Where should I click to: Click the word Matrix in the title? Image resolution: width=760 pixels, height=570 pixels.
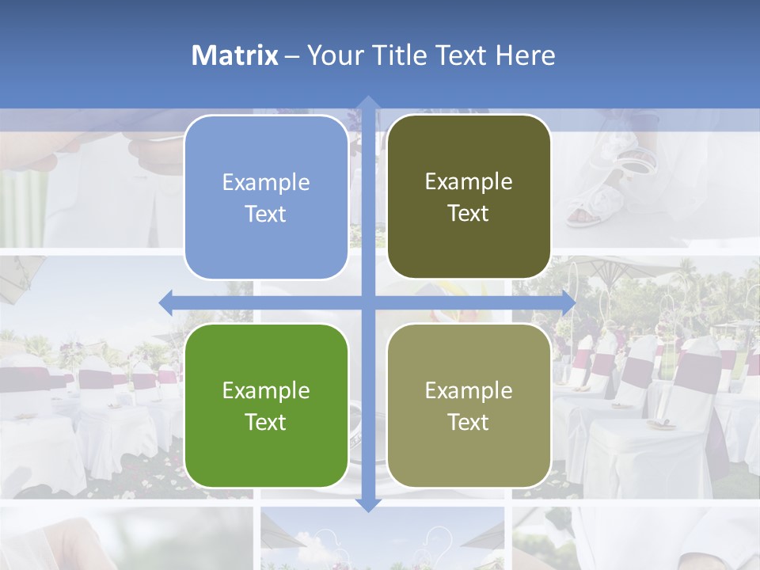[x=235, y=55]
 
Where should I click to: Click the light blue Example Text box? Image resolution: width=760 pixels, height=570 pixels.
[x=266, y=198]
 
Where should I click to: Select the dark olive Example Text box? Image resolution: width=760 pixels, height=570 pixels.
[x=469, y=197]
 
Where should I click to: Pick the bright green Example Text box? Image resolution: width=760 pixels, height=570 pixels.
[x=266, y=406]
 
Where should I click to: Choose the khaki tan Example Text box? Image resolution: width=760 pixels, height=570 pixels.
[x=469, y=406]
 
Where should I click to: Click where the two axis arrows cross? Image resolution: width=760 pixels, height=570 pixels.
[x=367, y=302]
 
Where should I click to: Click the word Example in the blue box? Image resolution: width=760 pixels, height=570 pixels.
[x=266, y=183]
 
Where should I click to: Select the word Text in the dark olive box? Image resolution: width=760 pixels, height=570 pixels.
[x=469, y=214]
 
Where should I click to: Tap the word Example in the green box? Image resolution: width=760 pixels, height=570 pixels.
[x=266, y=391]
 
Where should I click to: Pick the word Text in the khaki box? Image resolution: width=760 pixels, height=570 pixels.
[x=469, y=423]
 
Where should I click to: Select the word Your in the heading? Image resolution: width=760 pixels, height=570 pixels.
[x=332, y=55]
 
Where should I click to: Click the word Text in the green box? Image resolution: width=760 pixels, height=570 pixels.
[x=266, y=423]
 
